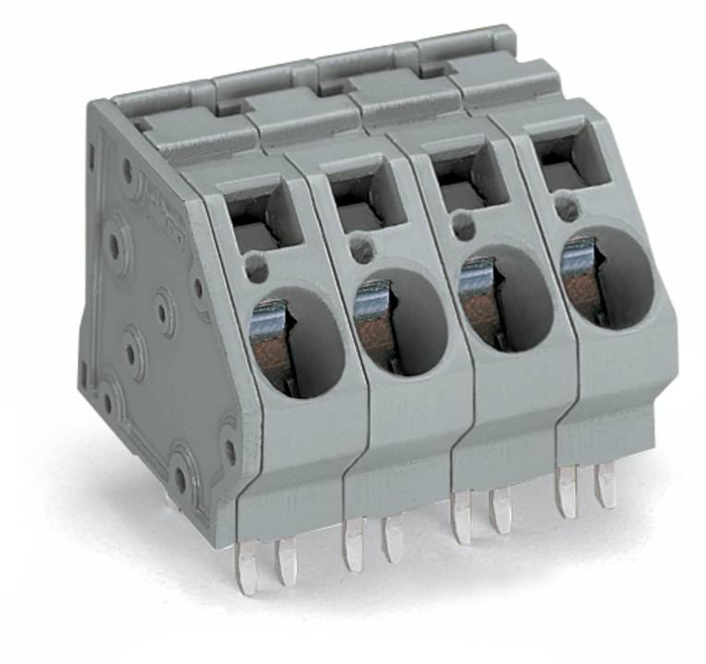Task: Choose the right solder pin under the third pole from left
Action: (x=500, y=511)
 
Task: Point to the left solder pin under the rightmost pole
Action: (x=566, y=490)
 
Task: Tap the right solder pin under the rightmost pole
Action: (x=605, y=484)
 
